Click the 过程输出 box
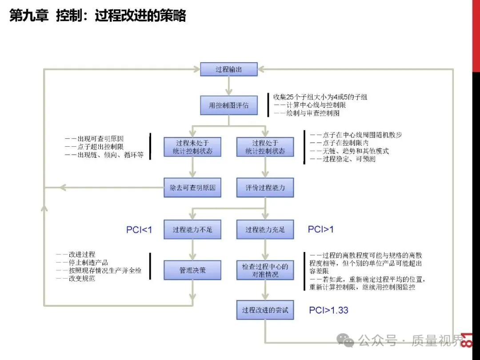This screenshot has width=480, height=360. pyautogui.click(x=229, y=69)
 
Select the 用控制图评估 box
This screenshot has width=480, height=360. pyautogui.click(x=229, y=106)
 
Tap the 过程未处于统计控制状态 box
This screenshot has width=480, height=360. pyautogui.click(x=192, y=147)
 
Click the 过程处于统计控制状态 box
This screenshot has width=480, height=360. pyautogui.click(x=265, y=147)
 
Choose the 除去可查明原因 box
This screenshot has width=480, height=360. pyautogui.click(x=192, y=188)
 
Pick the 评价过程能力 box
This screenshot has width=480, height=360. pyautogui.click(x=265, y=188)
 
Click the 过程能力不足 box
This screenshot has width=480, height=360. pyautogui.click(x=192, y=230)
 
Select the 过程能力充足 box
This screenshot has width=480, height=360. pyautogui.click(x=265, y=230)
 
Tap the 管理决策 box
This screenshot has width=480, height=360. pyautogui.click(x=192, y=270)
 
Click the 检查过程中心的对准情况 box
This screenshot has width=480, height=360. pyautogui.click(x=265, y=270)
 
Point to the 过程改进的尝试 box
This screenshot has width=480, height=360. pyautogui.click(x=265, y=310)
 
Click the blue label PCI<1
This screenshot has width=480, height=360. pyautogui.click(x=139, y=230)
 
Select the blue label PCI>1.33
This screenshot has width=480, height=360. pyautogui.click(x=328, y=310)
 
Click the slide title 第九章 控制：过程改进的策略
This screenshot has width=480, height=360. pyautogui.click(x=98, y=16)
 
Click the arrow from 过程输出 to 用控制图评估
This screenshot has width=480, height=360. pyautogui.click(x=229, y=86)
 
